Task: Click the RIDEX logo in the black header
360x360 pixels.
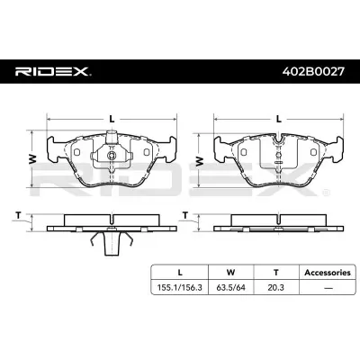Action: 53,72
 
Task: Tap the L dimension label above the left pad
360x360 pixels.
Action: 112,119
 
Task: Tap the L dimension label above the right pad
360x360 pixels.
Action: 279,119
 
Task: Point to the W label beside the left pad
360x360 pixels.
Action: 32,159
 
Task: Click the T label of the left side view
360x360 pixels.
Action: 19,215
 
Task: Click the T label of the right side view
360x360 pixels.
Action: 185,215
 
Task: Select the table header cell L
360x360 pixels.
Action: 180,273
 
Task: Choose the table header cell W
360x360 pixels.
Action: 230,273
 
